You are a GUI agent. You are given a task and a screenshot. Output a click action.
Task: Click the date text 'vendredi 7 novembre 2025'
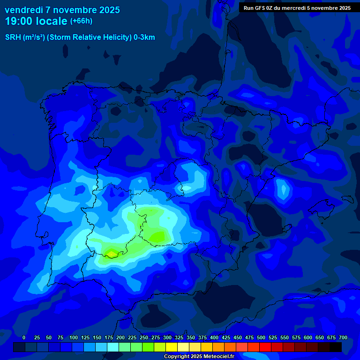tap(62, 10)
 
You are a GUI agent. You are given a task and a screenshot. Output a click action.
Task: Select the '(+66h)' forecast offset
tap(81, 21)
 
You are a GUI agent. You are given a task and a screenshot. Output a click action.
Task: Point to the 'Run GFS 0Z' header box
tap(297, 7)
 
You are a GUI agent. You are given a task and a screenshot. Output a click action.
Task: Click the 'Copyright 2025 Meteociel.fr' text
tap(199, 356)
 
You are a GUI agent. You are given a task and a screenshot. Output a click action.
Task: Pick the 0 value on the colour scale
tap(24, 337)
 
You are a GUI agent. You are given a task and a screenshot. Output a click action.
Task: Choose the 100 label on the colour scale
tap(74, 337)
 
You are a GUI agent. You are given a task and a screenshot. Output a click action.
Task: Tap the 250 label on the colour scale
tap(144, 337)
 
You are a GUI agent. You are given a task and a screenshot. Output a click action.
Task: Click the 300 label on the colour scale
tap(167, 337)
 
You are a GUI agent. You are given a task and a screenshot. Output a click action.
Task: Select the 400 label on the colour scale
tap(214, 337)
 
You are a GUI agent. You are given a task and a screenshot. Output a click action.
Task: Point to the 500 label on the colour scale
tap(261, 337)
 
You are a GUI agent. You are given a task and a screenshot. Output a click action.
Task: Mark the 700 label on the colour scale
tap(343, 337)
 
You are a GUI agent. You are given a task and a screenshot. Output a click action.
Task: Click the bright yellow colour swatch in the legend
tap(172, 347)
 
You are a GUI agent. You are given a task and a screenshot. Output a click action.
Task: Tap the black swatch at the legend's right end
tap(336, 347)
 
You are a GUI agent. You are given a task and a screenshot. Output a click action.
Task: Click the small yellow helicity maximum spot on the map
tap(111, 254)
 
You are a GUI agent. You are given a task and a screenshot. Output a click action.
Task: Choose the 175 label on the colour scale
tap(109, 337)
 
